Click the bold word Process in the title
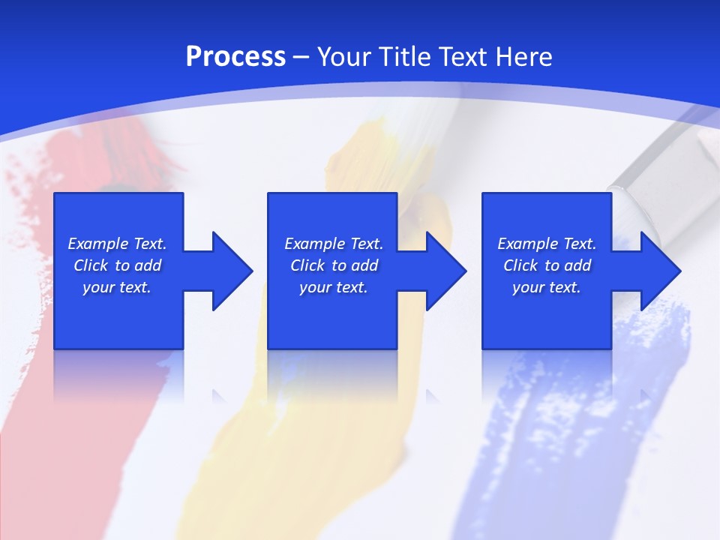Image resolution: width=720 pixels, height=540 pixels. (235, 57)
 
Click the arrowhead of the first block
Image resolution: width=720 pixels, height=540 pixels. (229, 271)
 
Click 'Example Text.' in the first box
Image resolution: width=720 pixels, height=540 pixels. (117, 244)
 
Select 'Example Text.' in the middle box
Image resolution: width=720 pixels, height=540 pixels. (334, 244)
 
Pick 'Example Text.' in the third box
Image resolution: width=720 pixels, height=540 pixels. (547, 244)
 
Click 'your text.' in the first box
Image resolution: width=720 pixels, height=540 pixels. (117, 287)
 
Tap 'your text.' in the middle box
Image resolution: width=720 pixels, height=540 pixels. (334, 287)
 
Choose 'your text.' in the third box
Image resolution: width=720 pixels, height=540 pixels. (547, 287)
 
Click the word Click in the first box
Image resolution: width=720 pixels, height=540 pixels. (91, 265)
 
